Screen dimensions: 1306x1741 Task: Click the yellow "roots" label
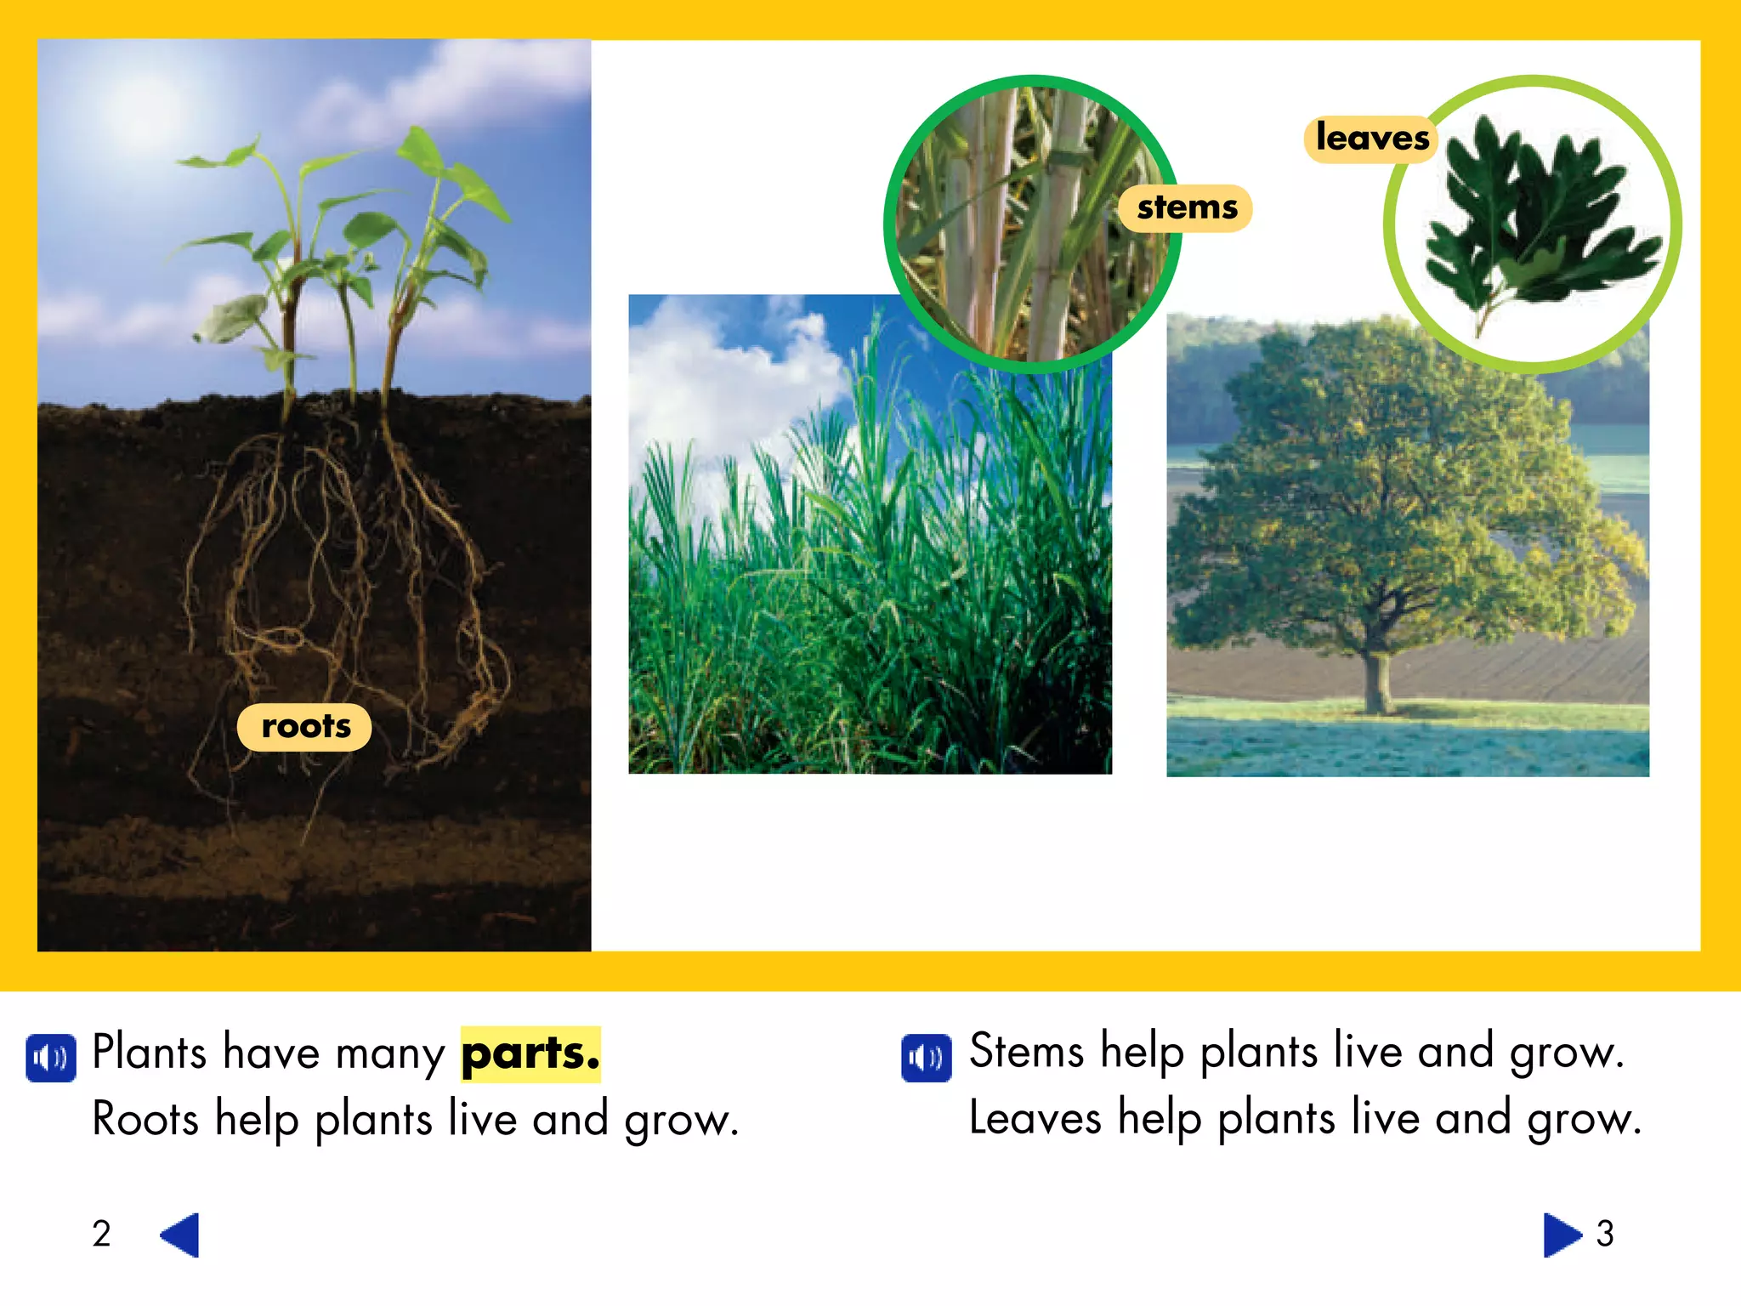304,727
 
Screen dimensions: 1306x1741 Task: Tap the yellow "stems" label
1187,208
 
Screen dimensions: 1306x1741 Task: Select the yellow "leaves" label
1371,139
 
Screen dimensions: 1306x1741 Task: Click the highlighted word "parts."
530,1054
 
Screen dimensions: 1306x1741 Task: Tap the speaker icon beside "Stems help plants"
926,1058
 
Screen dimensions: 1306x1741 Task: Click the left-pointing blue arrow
180,1235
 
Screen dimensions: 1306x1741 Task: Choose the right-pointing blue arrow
1561,1235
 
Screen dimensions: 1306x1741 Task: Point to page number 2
102,1234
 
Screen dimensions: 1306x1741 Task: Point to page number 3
1605,1234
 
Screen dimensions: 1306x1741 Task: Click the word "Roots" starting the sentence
145,1119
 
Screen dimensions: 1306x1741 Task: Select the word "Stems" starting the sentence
1026,1052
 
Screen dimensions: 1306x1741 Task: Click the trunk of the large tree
1375,680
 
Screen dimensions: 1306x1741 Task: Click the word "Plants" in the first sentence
149,1053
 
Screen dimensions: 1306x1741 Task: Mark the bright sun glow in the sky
140,111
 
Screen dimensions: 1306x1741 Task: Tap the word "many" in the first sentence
390,1054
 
